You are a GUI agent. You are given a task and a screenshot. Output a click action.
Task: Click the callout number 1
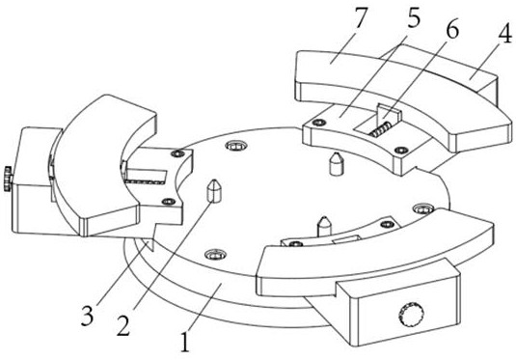[x=185, y=343]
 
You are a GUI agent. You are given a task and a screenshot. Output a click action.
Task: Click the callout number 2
[x=123, y=325]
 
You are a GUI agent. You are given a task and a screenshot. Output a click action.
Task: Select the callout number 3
[x=87, y=316]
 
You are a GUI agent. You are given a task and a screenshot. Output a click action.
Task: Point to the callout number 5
[x=414, y=17]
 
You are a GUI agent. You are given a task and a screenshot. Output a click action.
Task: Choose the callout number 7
[x=360, y=17]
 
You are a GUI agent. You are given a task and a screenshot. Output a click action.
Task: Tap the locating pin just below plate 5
[x=337, y=163]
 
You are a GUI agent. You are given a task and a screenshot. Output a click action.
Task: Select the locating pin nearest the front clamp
[x=324, y=226]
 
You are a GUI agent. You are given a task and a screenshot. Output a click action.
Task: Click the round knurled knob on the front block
[x=410, y=314]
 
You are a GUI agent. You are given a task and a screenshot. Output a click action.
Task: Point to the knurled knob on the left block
[x=9, y=179]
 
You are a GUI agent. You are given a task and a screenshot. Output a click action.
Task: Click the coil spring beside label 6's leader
[x=380, y=128]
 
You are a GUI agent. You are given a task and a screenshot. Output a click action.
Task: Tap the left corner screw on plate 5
[x=317, y=123]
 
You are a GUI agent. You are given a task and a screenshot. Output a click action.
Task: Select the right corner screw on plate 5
[x=401, y=151]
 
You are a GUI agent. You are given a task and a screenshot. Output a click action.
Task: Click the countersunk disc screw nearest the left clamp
[x=235, y=145]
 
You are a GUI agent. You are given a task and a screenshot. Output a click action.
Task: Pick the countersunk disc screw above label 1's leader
[x=214, y=254]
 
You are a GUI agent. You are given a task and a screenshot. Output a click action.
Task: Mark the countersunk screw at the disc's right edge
[x=422, y=208]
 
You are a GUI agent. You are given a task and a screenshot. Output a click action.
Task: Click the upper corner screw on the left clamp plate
[x=179, y=153]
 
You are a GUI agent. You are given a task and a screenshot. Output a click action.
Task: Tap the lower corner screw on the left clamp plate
[x=169, y=202]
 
